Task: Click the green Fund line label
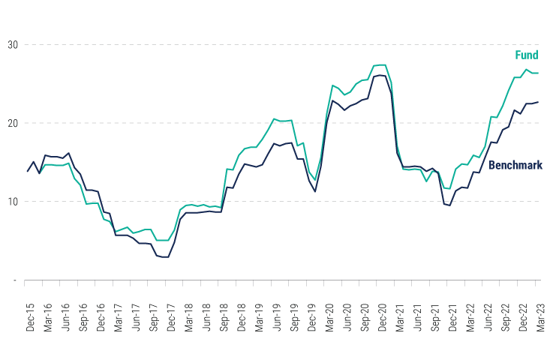(x=526, y=55)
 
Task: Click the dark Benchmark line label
(x=515, y=164)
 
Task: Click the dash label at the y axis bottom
(x=13, y=280)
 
